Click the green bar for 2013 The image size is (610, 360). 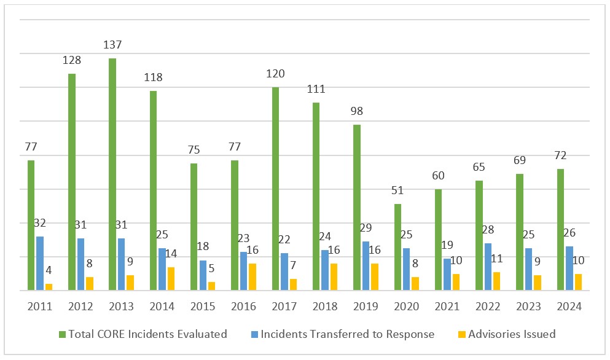[x=112, y=174]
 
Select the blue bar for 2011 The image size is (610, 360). [x=40, y=263]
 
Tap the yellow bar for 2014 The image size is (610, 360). [x=171, y=278]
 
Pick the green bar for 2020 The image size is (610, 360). [x=397, y=247]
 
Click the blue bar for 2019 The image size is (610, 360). [x=366, y=265]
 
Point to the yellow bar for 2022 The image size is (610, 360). [x=496, y=281]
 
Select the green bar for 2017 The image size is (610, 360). [x=275, y=189]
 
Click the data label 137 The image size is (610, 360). [x=112, y=45]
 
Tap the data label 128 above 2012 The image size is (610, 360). [x=71, y=60]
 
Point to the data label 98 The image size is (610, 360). [x=357, y=112]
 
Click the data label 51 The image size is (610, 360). [x=397, y=190]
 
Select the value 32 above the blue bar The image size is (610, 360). [x=40, y=223]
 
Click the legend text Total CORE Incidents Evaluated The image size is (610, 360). [x=147, y=334]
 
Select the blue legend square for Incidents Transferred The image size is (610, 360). [x=254, y=335]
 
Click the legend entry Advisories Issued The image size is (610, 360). [x=512, y=334]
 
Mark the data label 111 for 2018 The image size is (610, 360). [x=316, y=89]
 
